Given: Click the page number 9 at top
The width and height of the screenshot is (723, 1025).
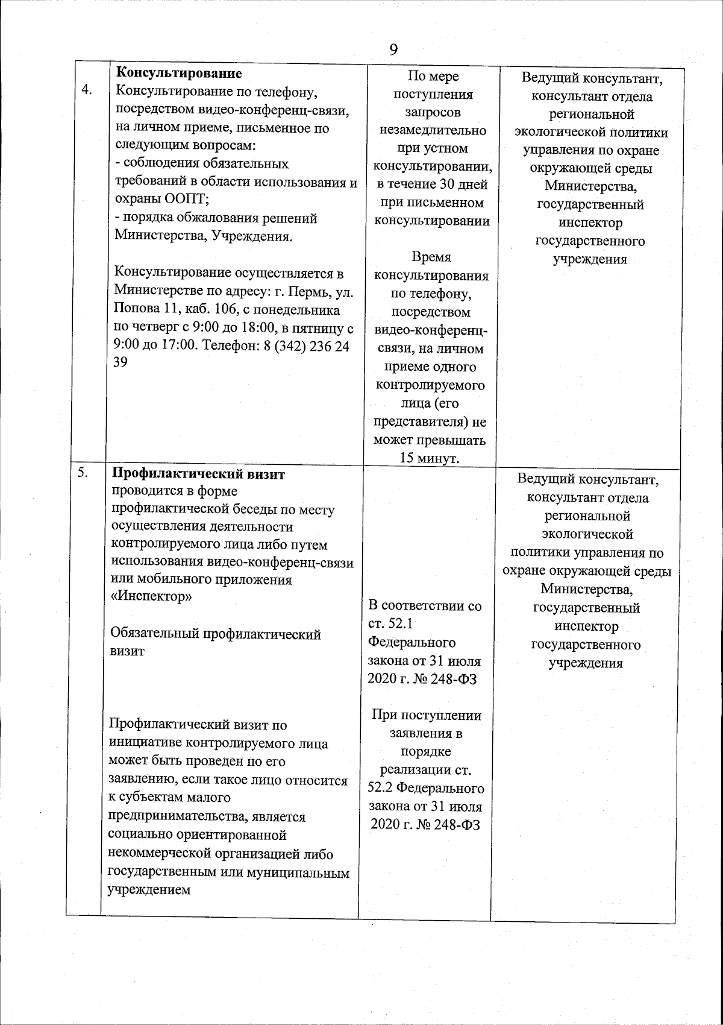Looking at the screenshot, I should click(x=393, y=49).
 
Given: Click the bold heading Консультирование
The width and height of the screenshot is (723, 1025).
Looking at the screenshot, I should click(x=178, y=74).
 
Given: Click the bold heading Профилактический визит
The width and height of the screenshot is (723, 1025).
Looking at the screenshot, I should click(x=199, y=475).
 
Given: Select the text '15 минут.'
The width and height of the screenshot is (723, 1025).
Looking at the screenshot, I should click(x=430, y=458).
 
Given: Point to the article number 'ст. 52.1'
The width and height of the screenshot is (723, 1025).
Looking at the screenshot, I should click(x=389, y=624).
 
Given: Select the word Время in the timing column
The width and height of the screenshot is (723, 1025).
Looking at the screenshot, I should click(x=431, y=257).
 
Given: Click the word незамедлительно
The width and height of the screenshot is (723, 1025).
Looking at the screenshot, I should click(x=431, y=131).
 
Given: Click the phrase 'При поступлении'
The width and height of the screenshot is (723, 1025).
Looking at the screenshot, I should click(x=427, y=716).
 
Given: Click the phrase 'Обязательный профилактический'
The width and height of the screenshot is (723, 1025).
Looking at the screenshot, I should click(x=216, y=634).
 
